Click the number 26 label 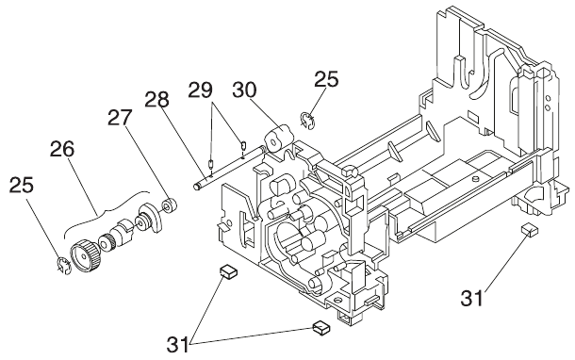pos(62,149)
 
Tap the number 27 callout pos(119,118)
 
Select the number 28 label pos(156,99)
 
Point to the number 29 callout pos(200,90)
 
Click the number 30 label pos(245,90)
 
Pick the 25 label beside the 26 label pos(22,185)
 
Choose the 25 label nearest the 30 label pos(326,79)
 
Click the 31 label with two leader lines pos(178,344)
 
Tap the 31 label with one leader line pos(472,298)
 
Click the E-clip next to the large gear pos(64,267)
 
